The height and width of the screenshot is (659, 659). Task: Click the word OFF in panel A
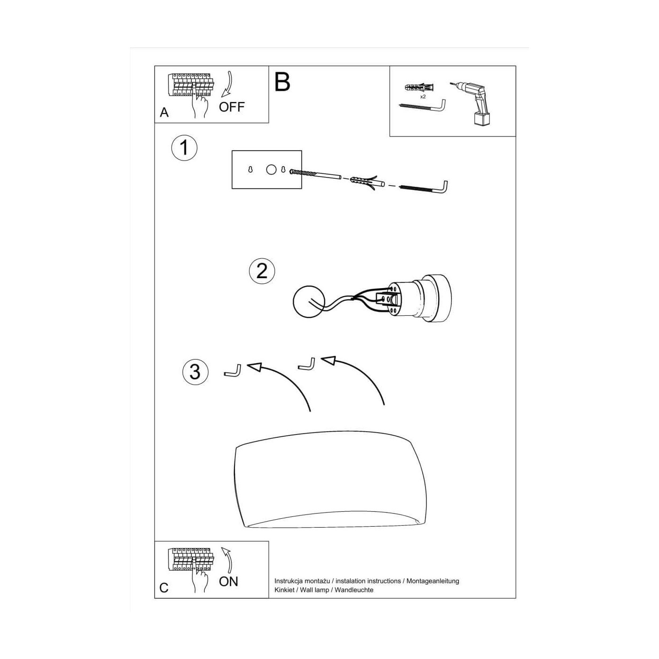[x=232, y=107]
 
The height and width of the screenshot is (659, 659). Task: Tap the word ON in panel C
[x=228, y=581]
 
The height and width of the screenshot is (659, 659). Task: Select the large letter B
[x=282, y=82]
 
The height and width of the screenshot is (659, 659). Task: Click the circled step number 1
[x=184, y=148]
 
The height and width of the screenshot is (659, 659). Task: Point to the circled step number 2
[x=262, y=271]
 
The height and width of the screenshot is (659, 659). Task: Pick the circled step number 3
[x=195, y=372]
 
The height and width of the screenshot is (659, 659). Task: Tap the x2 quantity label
[x=423, y=97]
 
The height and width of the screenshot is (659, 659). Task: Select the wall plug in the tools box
[x=418, y=88]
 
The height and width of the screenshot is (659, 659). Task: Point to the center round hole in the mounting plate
[x=271, y=169]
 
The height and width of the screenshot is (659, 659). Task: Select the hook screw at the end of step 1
[x=424, y=187]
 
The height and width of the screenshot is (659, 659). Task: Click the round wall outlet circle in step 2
[x=308, y=301]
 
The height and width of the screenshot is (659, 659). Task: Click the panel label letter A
[x=164, y=113]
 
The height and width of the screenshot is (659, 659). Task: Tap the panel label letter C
[x=164, y=588]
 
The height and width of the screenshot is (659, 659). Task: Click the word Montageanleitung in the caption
[x=433, y=581]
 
